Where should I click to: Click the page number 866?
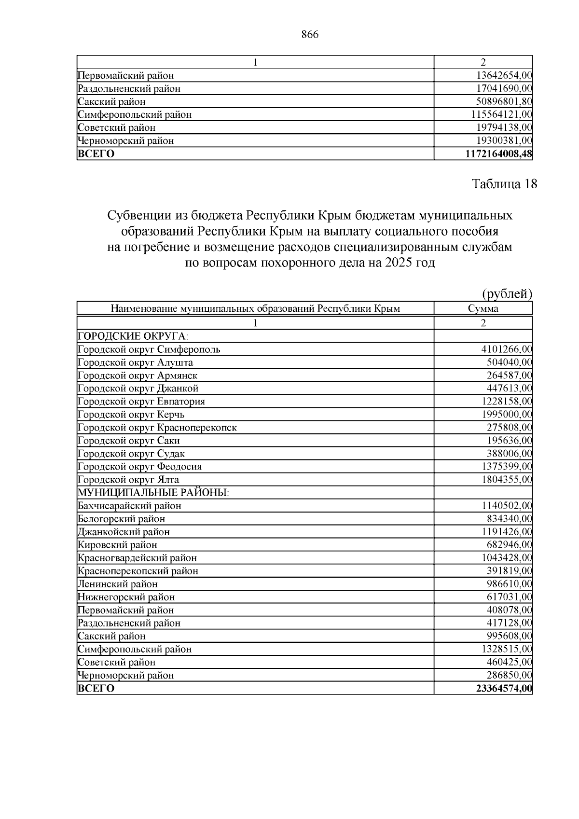[310, 35]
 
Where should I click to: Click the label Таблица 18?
[504, 184]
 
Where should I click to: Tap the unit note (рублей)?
[507, 293]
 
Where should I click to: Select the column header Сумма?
[483, 309]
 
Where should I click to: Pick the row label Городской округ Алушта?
[135, 362]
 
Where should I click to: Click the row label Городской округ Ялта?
[128, 480]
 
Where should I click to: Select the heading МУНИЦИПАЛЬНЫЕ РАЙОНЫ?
[153, 493]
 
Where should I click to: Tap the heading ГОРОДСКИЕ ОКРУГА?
[133, 336]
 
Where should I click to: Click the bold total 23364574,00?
[504, 688]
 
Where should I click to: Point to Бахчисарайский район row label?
[129, 506]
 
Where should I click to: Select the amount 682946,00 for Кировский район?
[509, 545]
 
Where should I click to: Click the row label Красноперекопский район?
[138, 571]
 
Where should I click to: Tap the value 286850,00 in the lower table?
[509, 675]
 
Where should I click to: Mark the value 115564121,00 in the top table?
[502, 115]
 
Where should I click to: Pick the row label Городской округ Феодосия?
[139, 467]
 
